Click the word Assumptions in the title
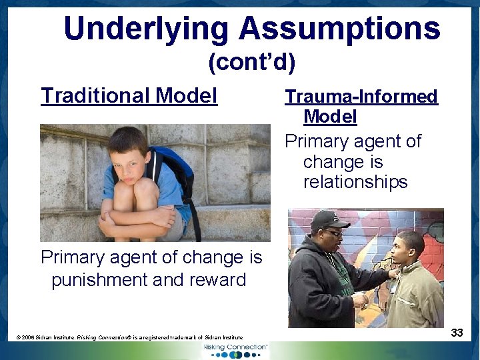[x=339, y=29]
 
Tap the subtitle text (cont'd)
[x=251, y=63]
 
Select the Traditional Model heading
[x=129, y=96]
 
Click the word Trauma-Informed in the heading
[x=361, y=97]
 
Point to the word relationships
[x=355, y=182]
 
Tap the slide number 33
[x=457, y=332]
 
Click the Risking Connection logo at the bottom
[x=239, y=349]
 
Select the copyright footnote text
[x=129, y=338]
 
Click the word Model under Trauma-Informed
[x=330, y=117]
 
